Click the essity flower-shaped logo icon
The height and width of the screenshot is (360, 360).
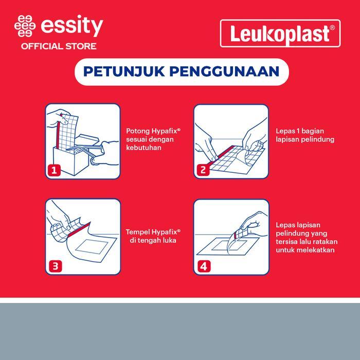[25, 26]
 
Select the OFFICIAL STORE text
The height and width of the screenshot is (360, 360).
[58, 46]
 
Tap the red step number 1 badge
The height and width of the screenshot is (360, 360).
[54, 170]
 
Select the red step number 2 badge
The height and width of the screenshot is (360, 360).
[203, 170]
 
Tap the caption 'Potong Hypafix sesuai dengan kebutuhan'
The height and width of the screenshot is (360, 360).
[151, 139]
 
